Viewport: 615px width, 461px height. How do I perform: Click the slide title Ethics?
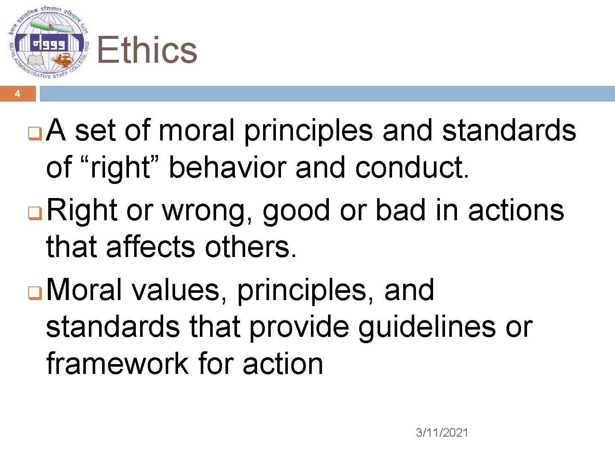(147, 50)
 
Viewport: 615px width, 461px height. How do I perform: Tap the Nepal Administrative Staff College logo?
(48, 44)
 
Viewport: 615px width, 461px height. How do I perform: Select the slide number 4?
(18, 93)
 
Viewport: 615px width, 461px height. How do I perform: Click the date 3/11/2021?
(442, 433)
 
